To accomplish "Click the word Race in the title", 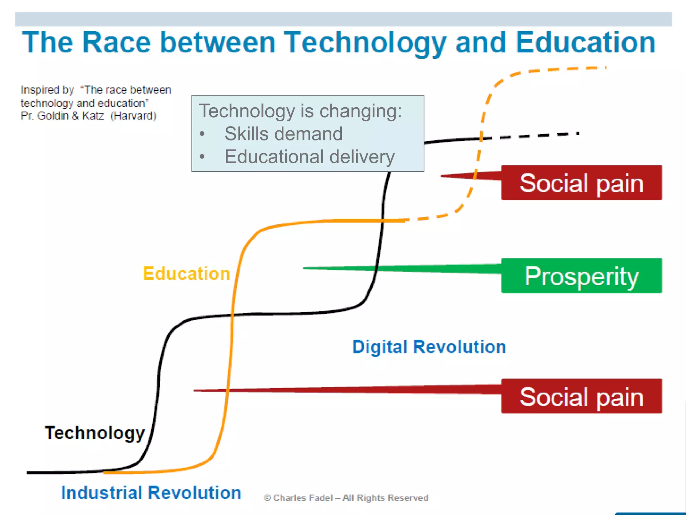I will point(117,43).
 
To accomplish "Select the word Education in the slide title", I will point(586,43).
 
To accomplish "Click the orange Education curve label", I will point(186,274).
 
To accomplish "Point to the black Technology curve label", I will point(95,433).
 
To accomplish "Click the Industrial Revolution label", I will point(151,493).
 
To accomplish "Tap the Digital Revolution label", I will point(429,347).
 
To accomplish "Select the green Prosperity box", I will point(581,276).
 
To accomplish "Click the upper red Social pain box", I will point(581,183).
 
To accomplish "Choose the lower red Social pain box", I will point(581,396).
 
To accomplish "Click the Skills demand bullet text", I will point(283,134).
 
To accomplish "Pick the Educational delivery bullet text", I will point(310,157).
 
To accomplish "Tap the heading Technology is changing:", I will point(300,111).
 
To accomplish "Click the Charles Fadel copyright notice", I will point(346,498).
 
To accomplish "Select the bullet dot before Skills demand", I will point(202,134).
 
